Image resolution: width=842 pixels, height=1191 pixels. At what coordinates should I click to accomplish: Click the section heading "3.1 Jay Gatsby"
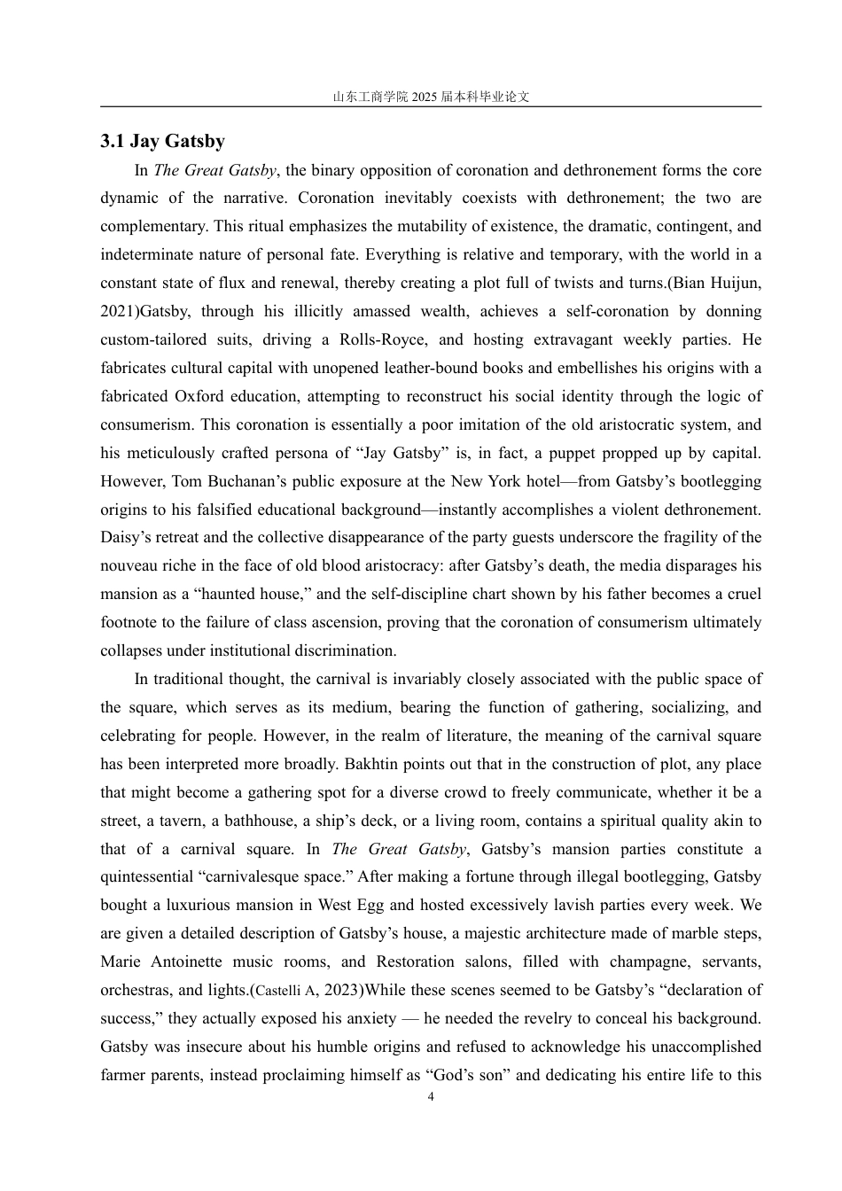[162, 142]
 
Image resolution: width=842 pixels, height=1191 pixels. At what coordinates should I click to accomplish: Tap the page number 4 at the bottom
[431, 1096]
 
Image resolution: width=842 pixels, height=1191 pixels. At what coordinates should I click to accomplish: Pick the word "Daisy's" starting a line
[125, 538]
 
